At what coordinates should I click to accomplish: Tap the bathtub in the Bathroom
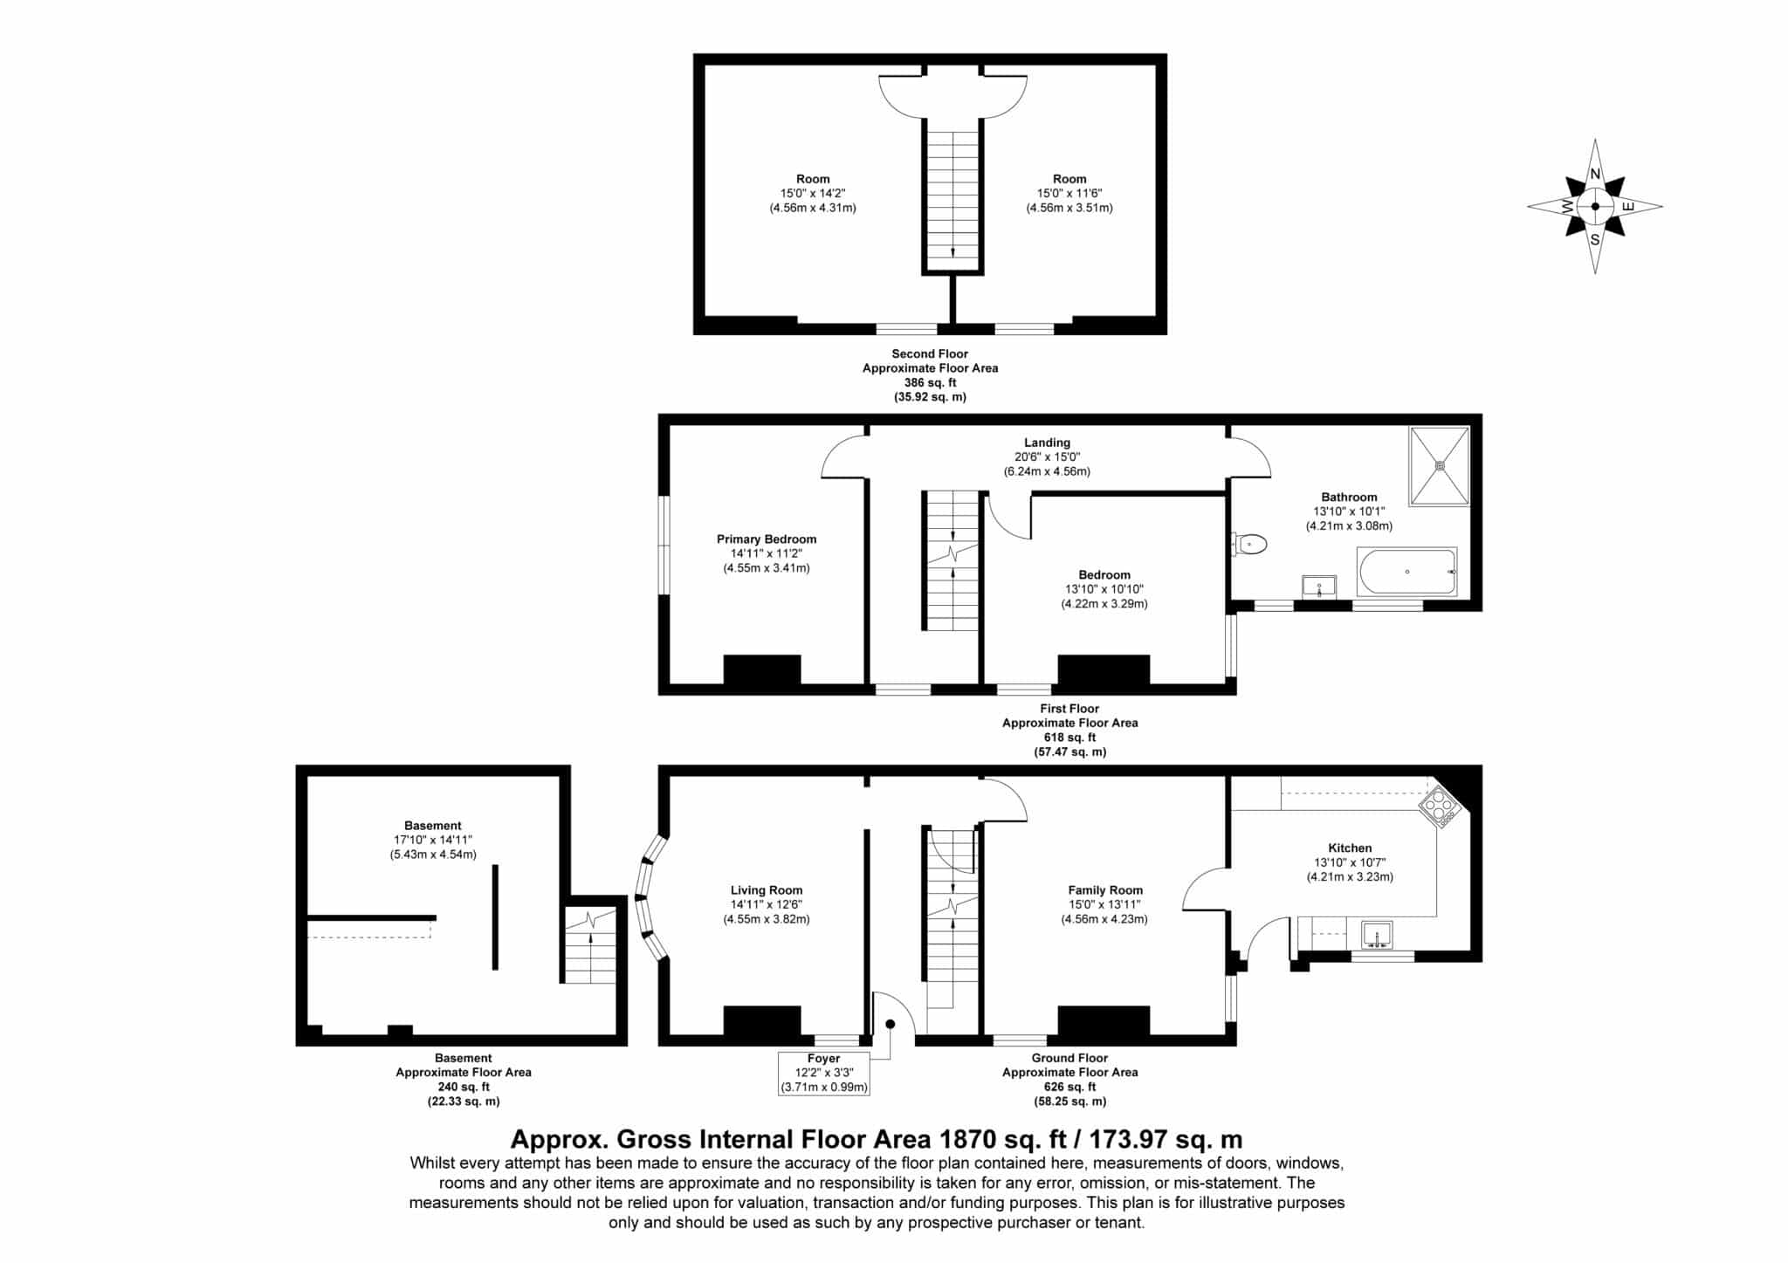click(x=1406, y=572)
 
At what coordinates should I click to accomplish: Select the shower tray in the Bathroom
click(x=1439, y=465)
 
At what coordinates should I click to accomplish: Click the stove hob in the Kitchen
click(x=1440, y=807)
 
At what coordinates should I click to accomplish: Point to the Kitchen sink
click(x=1378, y=935)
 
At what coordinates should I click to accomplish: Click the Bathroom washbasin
click(x=1319, y=586)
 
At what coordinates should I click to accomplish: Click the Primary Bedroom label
click(x=767, y=539)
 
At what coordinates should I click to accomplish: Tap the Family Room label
click(x=1105, y=890)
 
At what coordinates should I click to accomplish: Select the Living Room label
click(x=767, y=890)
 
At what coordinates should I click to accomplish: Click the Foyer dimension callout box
click(x=824, y=1073)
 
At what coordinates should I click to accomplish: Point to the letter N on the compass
click(x=1595, y=174)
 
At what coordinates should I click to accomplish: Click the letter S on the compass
click(x=1595, y=239)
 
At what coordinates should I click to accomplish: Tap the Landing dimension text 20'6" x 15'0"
click(x=1047, y=456)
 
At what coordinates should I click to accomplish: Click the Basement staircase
click(x=591, y=945)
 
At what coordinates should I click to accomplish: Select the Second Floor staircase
click(x=952, y=200)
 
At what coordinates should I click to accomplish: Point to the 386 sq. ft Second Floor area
click(x=930, y=382)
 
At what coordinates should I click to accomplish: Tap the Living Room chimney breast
click(x=762, y=1021)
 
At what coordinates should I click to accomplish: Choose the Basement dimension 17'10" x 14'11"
click(x=433, y=840)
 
